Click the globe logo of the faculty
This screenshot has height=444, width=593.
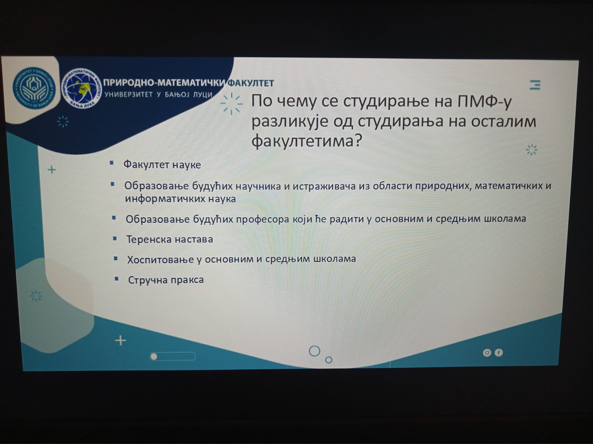coord(82,88)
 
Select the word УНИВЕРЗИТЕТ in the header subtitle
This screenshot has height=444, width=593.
coord(129,95)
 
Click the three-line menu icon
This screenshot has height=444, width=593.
coord(535,85)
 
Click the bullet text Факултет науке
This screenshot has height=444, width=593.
coord(162,165)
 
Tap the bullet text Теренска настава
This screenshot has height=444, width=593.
coord(170,239)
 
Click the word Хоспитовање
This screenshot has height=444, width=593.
coord(160,260)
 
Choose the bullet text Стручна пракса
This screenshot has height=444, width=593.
coord(166,280)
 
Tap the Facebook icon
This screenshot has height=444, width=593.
coord(499,353)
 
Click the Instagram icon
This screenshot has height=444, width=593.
coord(487,353)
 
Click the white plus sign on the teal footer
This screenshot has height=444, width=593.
coord(120,341)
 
